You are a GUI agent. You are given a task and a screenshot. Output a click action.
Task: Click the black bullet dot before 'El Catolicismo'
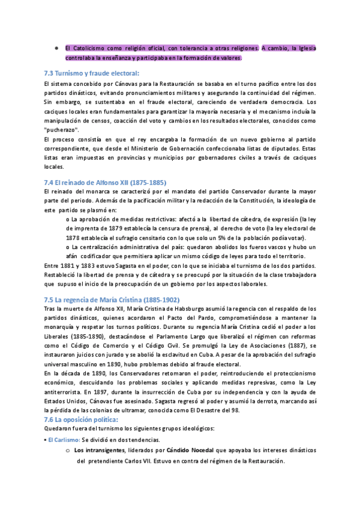(56, 48)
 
